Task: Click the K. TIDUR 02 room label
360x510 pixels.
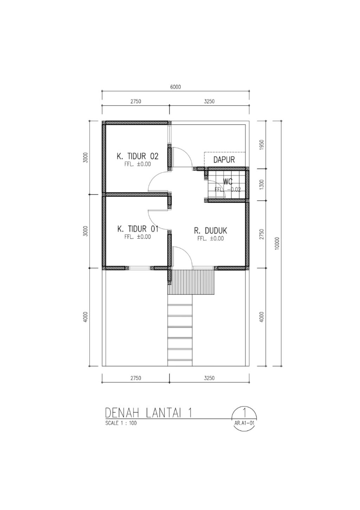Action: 137,156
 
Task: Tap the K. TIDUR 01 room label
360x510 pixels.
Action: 138,229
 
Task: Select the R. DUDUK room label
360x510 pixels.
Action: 210,231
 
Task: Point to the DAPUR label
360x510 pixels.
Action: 224,160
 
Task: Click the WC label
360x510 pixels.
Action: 228,181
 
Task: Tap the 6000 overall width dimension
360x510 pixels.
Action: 175,87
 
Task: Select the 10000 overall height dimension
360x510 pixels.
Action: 277,243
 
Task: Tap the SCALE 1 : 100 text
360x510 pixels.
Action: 121,423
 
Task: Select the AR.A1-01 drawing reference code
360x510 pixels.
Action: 244,423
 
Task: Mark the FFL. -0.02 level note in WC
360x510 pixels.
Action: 228,189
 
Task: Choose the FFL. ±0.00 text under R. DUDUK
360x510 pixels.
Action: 211,238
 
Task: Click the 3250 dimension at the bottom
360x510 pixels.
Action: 209,378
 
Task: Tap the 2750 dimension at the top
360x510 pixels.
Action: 136,101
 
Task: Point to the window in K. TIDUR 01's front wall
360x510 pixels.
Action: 139,268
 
